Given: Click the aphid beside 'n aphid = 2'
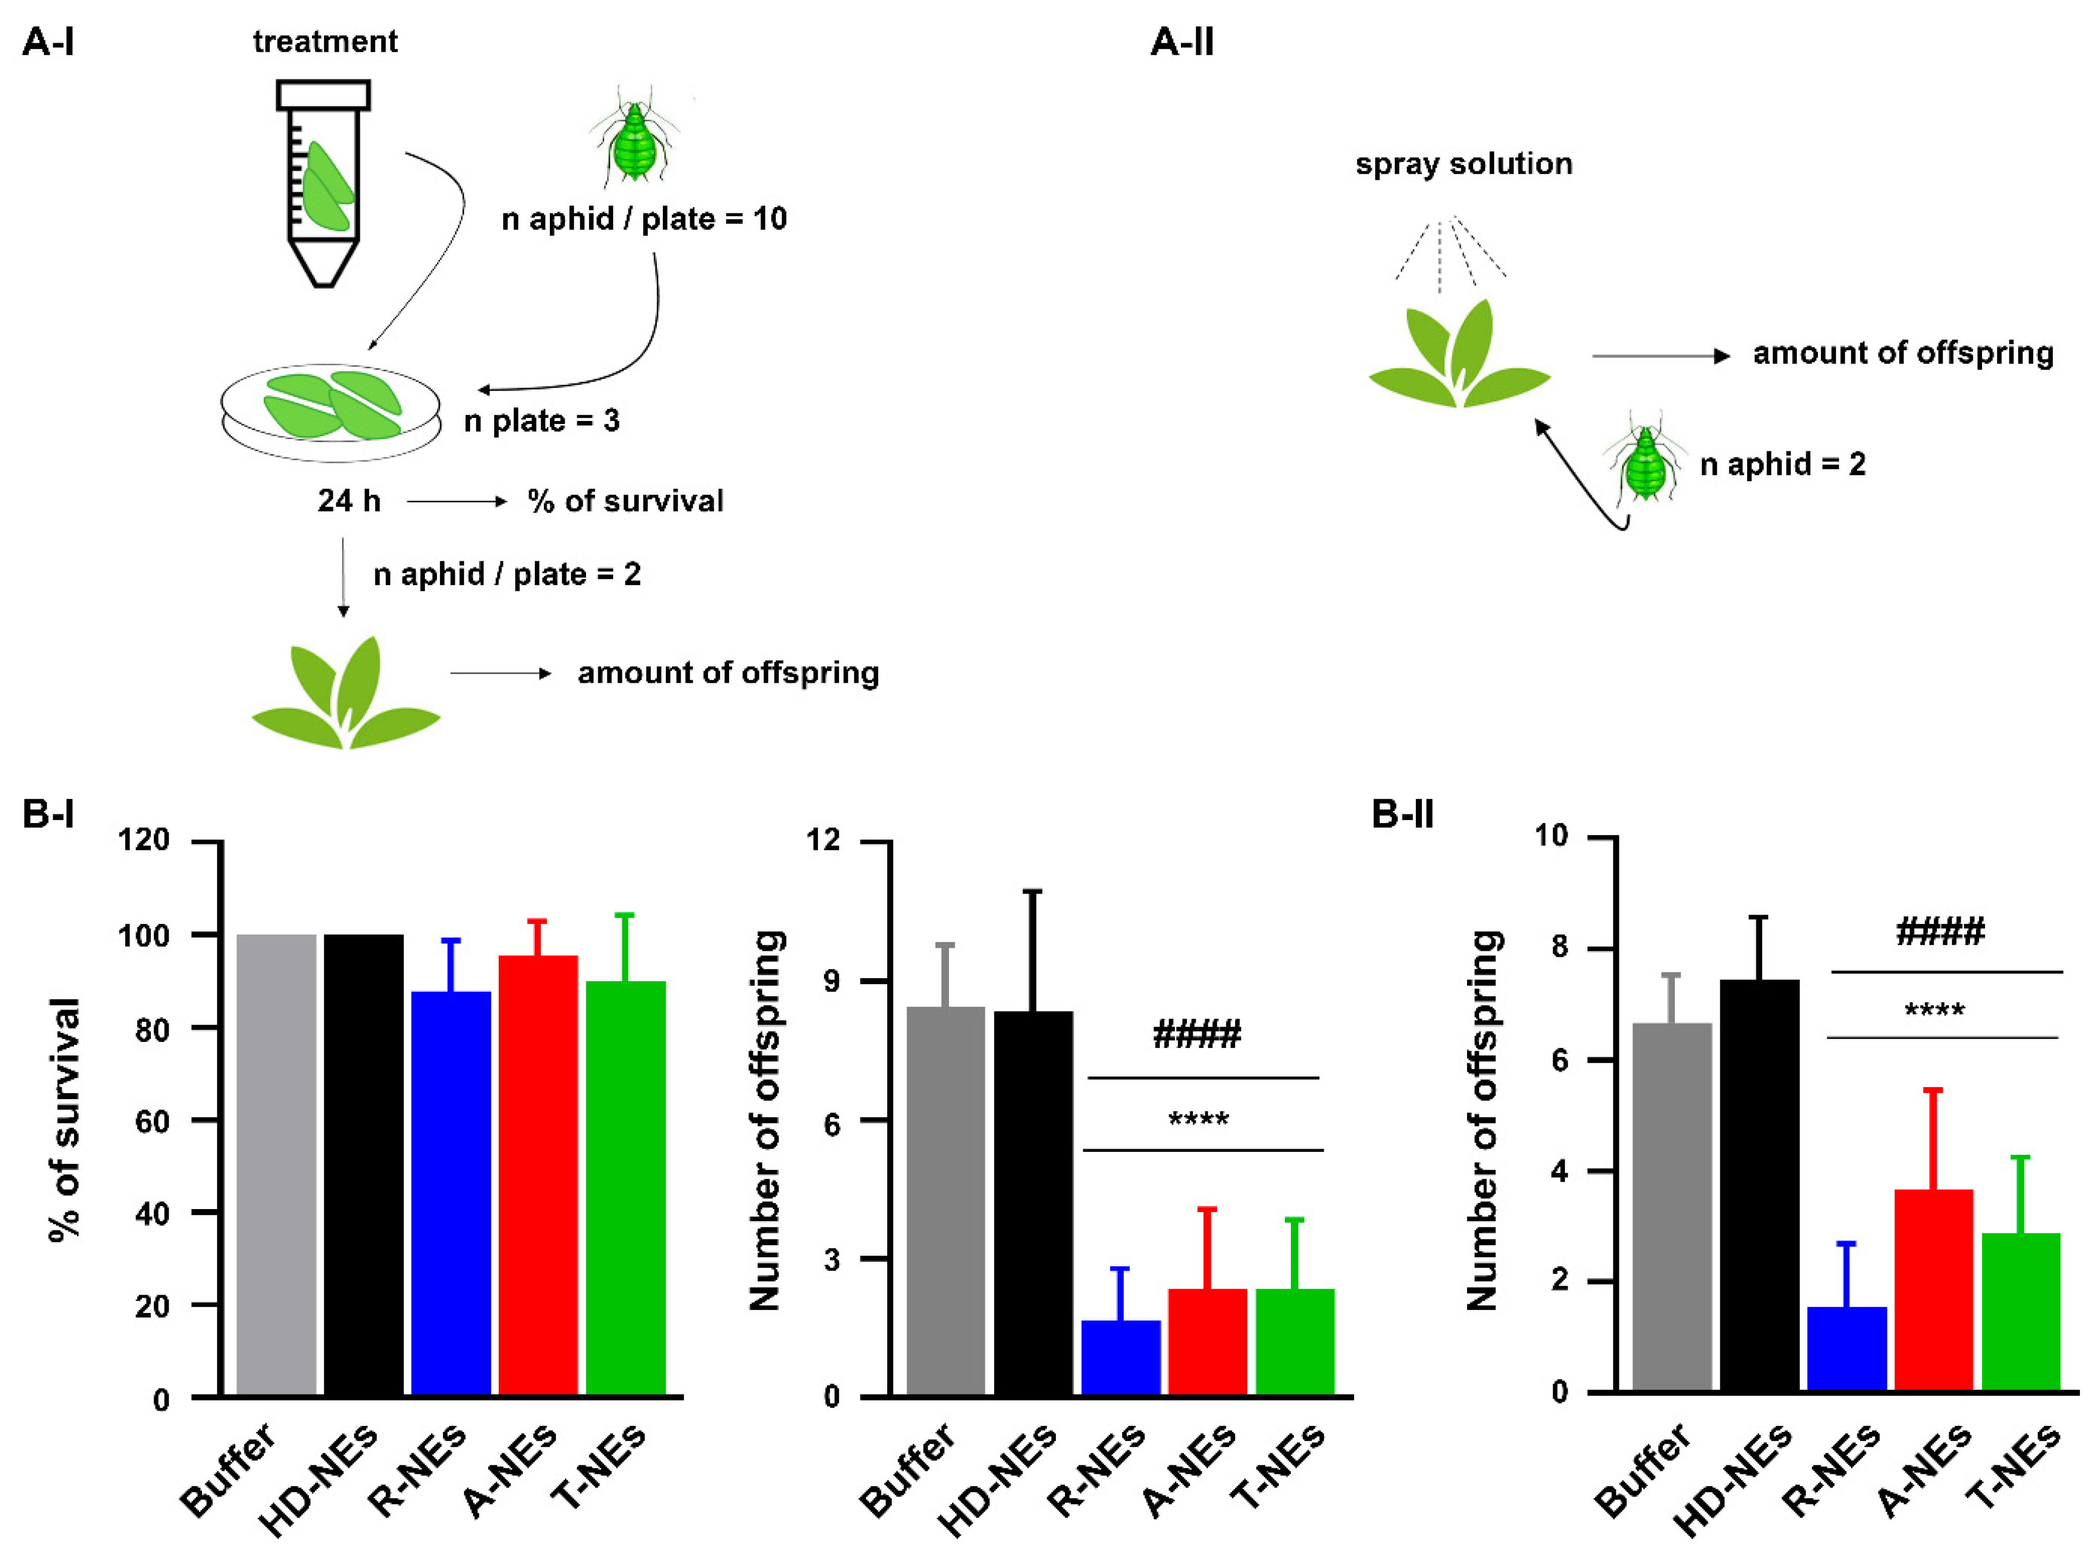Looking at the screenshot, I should coord(1645,465).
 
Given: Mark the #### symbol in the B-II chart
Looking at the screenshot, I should coord(1939,933).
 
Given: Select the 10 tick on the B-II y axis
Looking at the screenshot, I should coord(1552,836).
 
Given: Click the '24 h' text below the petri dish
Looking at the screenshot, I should coord(349,501).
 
